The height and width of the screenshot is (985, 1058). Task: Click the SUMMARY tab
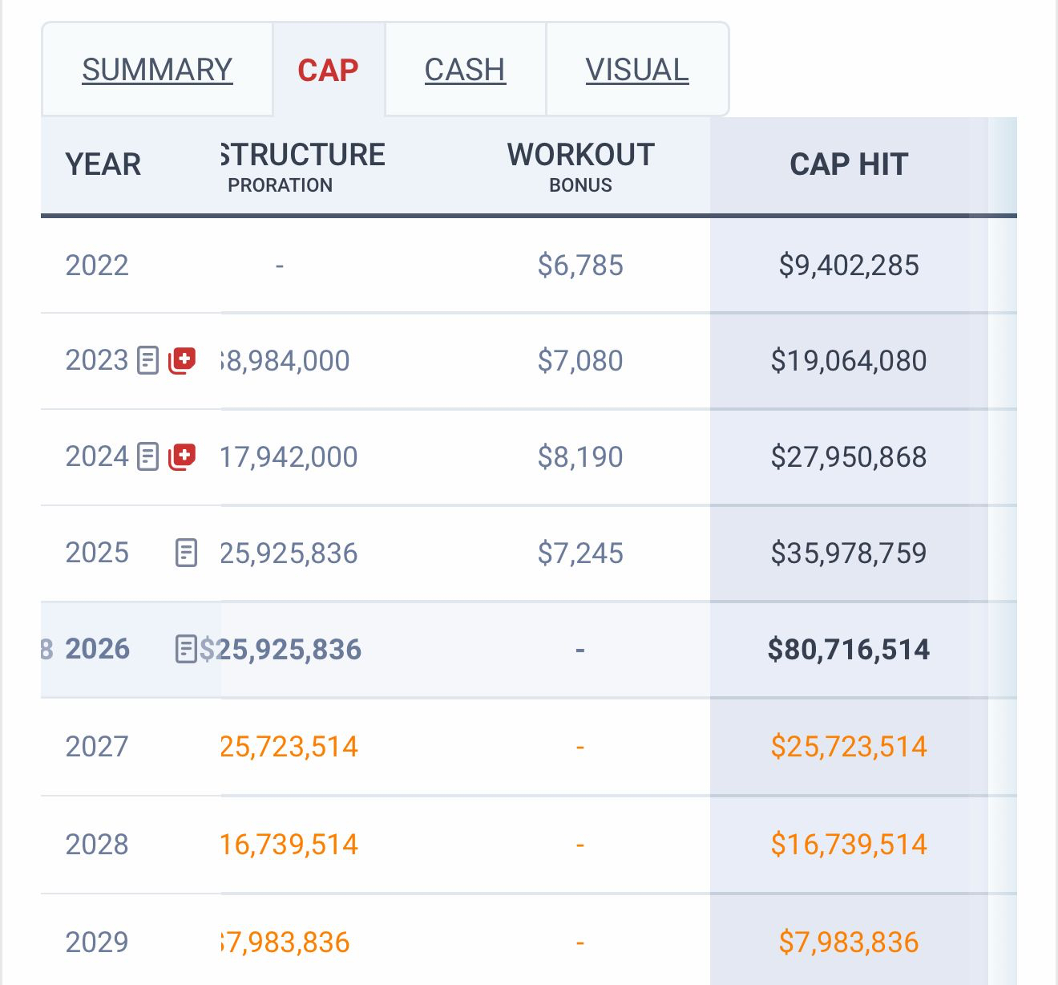[157, 70]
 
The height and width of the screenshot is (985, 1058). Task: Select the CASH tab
[465, 70]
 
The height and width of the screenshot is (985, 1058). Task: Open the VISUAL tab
[637, 70]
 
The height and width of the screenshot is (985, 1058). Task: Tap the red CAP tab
[328, 70]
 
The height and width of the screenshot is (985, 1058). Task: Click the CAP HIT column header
[849, 164]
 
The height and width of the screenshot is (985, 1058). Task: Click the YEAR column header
[103, 164]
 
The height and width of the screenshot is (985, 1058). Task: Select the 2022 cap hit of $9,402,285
[849, 265]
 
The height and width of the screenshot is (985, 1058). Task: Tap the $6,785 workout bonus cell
[580, 265]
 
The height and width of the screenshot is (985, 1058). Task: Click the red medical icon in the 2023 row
[182, 360]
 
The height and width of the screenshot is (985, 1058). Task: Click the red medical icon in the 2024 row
[182, 456]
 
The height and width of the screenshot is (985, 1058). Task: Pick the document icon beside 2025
[186, 553]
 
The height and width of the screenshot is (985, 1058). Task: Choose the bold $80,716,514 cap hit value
[849, 649]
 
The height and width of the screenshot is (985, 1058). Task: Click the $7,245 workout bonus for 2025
[580, 553]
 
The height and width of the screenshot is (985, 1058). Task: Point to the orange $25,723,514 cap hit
[849, 747]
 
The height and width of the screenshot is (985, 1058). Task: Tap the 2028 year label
[97, 844]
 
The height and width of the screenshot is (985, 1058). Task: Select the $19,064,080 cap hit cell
[849, 360]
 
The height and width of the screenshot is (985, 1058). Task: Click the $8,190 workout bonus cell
[580, 456]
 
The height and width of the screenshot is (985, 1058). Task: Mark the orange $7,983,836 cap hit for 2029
[849, 942]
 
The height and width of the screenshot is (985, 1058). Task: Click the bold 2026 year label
[97, 649]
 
